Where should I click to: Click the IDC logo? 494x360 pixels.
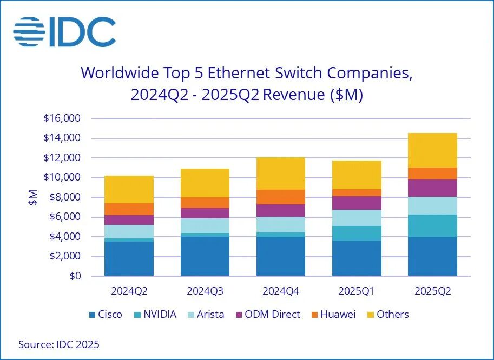64,32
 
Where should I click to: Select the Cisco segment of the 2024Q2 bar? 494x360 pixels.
129,259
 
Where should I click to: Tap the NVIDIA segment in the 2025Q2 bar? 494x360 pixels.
432,226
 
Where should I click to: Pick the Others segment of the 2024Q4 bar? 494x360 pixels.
280,174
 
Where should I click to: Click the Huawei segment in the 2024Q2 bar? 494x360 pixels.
129,209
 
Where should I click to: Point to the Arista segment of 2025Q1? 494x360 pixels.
357,218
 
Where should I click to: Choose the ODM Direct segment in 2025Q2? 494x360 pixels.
432,188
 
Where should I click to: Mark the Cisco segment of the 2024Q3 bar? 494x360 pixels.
205,256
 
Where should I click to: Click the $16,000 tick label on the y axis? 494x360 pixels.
62,118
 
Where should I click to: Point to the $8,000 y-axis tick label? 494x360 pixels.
64,197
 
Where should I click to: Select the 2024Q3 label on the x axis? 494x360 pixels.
205,291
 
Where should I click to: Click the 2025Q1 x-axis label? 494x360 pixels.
357,291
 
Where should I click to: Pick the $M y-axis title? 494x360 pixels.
33,197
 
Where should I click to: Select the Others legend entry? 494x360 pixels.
387,314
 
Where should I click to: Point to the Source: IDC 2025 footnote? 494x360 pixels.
59,344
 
